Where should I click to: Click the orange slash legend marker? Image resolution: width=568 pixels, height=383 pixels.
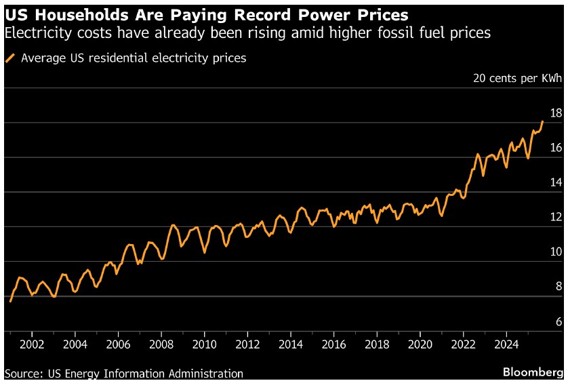11,58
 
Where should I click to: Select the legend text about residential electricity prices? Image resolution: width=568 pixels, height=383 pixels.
134,58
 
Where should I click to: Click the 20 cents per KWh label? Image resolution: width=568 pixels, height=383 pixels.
517,78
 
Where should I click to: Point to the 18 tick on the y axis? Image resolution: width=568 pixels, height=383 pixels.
556,113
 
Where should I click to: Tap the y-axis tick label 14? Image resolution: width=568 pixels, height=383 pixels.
556,182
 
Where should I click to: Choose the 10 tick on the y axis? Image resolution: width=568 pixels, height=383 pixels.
556,252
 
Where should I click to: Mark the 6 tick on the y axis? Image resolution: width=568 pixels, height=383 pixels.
559,321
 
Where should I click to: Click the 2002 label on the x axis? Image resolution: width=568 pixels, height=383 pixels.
32,344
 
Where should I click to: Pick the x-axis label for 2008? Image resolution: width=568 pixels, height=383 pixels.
161,344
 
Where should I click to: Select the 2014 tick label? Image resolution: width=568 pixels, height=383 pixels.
291,344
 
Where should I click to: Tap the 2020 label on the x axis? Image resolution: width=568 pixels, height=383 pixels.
420,344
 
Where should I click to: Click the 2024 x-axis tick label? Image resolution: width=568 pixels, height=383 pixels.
506,344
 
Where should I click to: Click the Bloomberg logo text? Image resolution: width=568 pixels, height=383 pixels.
533,373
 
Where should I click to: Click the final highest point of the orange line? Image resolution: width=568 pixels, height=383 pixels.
542,121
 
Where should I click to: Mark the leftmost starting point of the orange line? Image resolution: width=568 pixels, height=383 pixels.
10,301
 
